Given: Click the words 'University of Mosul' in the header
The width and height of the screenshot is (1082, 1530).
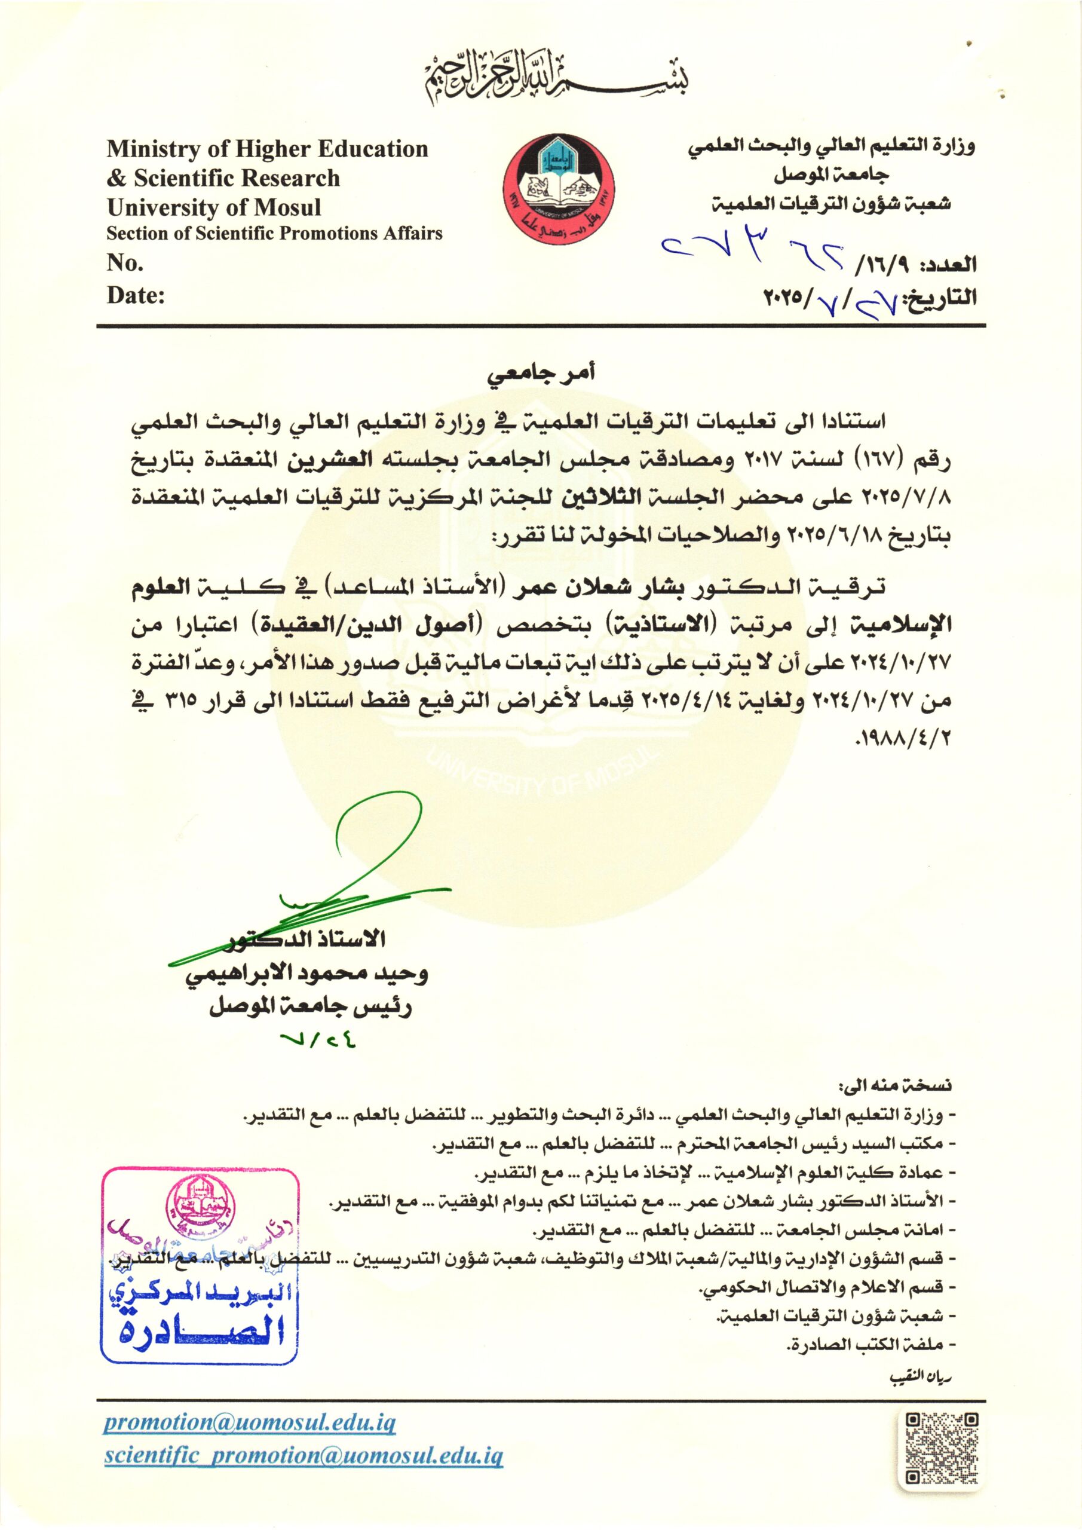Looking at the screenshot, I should tap(214, 207).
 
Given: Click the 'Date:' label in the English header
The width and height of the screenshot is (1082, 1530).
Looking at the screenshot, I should tap(135, 295).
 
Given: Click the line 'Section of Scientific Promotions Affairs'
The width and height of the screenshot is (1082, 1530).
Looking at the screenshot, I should tap(274, 233).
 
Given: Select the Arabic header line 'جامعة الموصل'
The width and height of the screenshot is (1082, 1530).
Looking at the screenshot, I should tap(831, 175).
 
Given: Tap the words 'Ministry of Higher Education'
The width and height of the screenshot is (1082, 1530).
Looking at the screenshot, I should tap(267, 149).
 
